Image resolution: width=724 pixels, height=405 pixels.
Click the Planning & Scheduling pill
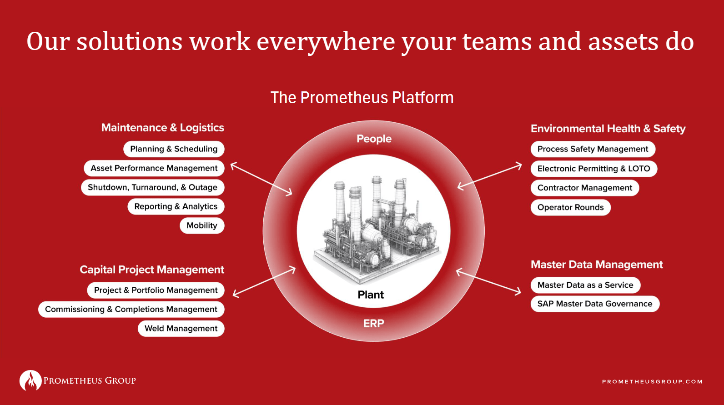[174, 149]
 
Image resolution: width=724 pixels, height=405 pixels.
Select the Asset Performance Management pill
[154, 168]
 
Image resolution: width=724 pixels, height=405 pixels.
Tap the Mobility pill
[202, 225]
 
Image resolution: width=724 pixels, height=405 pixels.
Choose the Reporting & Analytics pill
[176, 206]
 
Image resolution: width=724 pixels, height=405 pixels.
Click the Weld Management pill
[181, 329]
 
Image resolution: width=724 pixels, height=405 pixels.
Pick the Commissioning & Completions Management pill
[131, 310]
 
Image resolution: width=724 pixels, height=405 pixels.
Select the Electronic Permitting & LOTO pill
[593, 169]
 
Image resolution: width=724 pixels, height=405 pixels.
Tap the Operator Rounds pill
[570, 207]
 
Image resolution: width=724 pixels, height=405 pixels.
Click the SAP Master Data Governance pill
[594, 304]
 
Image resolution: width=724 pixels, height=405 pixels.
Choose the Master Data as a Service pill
[585, 285]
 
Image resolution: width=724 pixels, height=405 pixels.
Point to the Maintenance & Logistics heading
[162, 128]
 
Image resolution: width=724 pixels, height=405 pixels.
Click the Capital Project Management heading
[152, 270]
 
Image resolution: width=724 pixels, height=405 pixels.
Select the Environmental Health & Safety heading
[608, 129]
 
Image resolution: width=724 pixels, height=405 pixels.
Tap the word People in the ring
[374, 139]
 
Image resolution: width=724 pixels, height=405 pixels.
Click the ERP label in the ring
[373, 323]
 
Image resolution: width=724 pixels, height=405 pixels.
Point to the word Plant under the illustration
[371, 295]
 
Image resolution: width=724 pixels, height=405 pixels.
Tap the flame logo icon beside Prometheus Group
[30, 380]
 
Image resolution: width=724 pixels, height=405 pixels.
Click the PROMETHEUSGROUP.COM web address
[652, 381]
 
